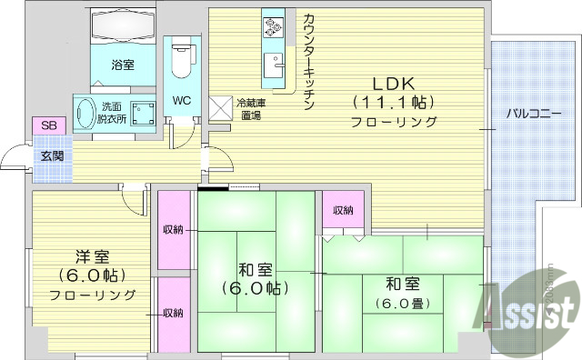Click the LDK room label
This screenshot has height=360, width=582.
coord(393,80)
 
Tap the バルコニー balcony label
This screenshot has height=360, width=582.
coord(534,115)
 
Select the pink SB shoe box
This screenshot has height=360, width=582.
coord(45,125)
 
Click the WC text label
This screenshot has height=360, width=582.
coord(180,100)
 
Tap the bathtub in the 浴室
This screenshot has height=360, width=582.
coord(123,27)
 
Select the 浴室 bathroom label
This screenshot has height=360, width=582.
coord(123,66)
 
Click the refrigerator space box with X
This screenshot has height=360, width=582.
coord(221,108)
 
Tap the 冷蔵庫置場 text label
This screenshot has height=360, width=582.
coord(250,109)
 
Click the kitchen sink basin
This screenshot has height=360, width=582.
coord(273,69)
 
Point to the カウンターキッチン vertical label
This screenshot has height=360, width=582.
coord(308,60)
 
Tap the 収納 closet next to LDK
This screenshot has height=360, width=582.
coord(343,210)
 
